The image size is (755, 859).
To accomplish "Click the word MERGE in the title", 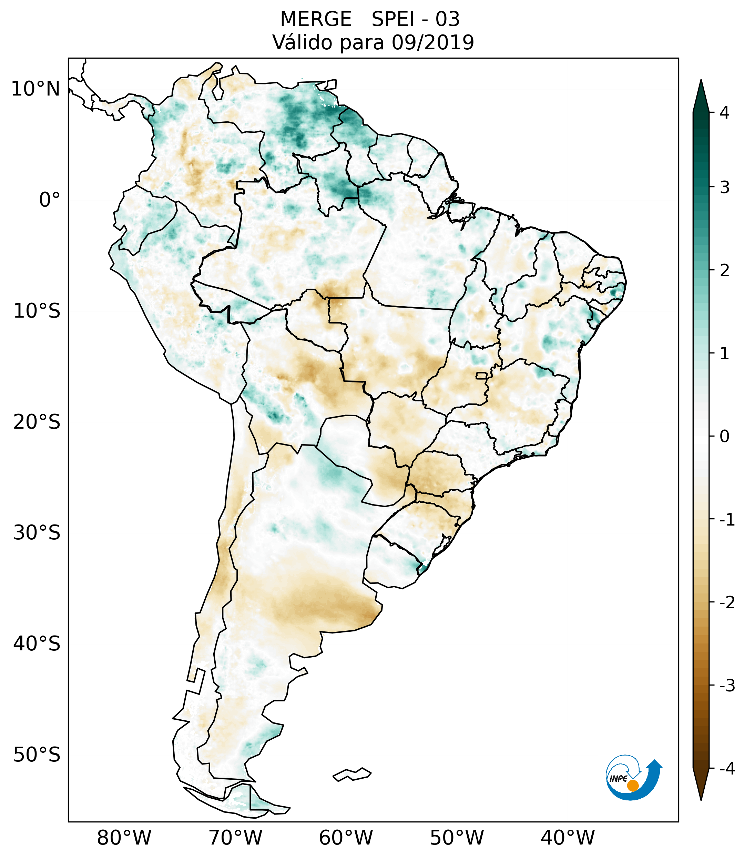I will click(x=315, y=19).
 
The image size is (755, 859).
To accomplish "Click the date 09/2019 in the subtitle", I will click(x=432, y=42).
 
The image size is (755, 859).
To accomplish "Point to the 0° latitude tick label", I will click(x=50, y=200).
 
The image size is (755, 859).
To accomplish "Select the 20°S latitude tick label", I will click(x=37, y=422).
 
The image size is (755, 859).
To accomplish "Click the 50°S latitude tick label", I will click(x=37, y=755).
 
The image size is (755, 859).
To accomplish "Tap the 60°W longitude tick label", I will click(x=346, y=838).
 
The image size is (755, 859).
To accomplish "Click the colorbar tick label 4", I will click(x=724, y=113).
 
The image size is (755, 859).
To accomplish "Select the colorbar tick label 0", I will click(x=724, y=437).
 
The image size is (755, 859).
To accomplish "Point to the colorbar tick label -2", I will click(x=727, y=603).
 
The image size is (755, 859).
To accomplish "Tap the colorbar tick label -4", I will click(x=727, y=769).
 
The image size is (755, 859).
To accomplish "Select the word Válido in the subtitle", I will click(x=302, y=42).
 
